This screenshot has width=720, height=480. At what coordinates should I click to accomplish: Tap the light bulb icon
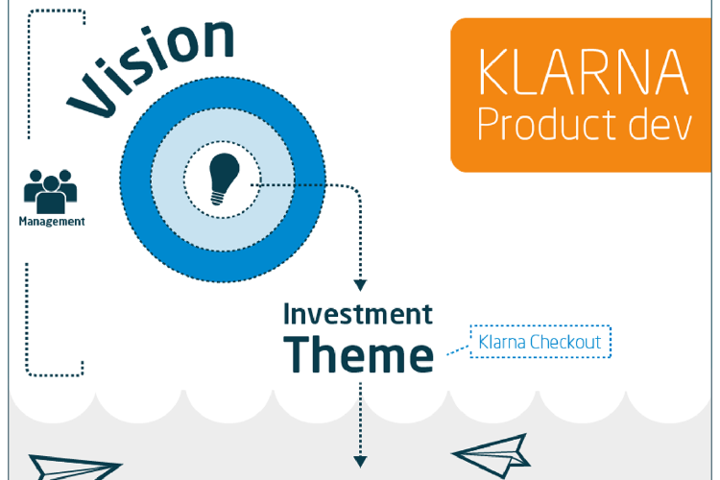(x=224, y=179)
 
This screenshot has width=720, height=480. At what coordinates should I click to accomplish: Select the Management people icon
(x=51, y=192)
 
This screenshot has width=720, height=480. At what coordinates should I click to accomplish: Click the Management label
(x=52, y=222)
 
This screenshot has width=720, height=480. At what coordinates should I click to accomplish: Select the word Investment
(x=358, y=314)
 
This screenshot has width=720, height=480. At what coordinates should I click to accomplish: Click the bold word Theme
(x=359, y=354)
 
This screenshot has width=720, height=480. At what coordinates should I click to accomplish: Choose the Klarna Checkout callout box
(x=540, y=342)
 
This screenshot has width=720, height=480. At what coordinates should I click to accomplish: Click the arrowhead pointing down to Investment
(x=360, y=285)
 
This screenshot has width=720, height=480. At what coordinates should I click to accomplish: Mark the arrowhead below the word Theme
(x=360, y=462)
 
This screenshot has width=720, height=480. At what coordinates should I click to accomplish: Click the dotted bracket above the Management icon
(x=29, y=74)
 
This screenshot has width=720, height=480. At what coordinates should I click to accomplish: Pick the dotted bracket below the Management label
(x=27, y=322)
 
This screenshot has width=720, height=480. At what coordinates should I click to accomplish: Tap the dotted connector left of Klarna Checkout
(x=458, y=350)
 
